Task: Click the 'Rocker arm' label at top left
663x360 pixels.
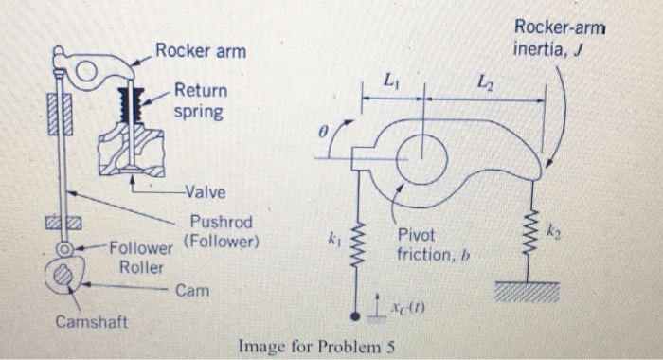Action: tap(201, 50)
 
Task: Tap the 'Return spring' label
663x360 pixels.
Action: tap(200, 100)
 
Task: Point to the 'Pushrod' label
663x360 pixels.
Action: tap(222, 223)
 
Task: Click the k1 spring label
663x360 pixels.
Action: tap(333, 244)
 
